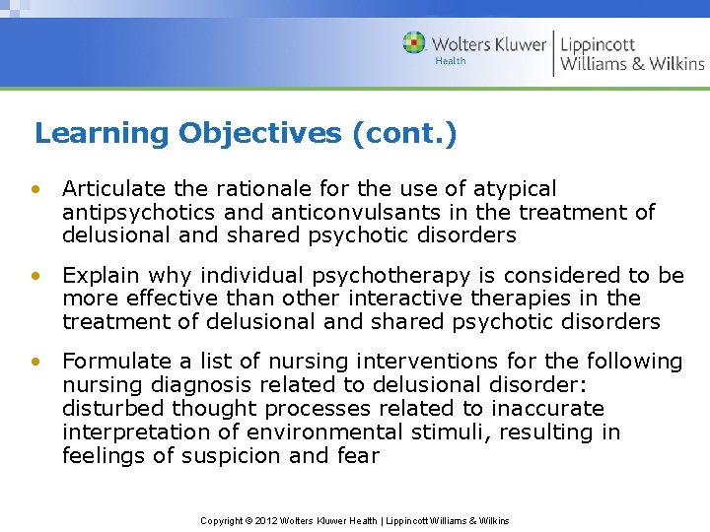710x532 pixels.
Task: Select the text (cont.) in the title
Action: pyautogui.click(x=404, y=133)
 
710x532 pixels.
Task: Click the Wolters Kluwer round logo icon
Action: pyautogui.click(x=415, y=43)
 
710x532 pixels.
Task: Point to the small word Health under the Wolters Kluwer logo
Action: pyautogui.click(x=451, y=61)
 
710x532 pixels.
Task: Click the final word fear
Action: pyautogui.click(x=358, y=456)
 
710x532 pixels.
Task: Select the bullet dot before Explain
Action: pyautogui.click(x=36, y=276)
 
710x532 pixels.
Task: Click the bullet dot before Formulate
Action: pyautogui.click(x=36, y=363)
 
